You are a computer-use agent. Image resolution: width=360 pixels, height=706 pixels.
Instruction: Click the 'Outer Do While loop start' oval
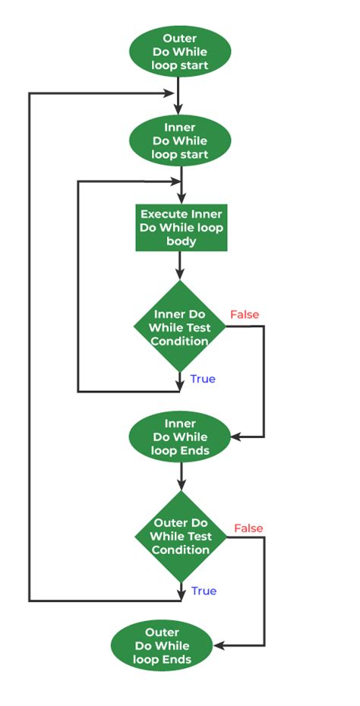[x=180, y=52]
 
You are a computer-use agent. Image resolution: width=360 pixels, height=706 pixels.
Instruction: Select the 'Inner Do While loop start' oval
[x=180, y=140]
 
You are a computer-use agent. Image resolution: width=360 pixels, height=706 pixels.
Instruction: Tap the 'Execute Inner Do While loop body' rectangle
[x=180, y=227]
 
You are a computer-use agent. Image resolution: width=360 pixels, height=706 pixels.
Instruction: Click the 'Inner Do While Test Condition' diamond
[x=181, y=327]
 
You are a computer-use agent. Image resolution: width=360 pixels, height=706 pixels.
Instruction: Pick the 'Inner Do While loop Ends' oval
[x=180, y=437]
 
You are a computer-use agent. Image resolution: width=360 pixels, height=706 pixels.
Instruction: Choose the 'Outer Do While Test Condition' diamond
[x=181, y=536]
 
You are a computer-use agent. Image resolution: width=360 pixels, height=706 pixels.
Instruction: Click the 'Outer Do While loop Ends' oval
[x=161, y=646]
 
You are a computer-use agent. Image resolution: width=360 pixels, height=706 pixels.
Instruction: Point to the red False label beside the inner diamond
[x=244, y=314]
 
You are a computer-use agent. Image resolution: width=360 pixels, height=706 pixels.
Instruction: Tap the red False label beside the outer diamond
[x=248, y=528]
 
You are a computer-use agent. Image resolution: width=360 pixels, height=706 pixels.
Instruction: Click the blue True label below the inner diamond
[x=203, y=379]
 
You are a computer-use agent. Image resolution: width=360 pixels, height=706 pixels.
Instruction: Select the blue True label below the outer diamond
[x=204, y=591]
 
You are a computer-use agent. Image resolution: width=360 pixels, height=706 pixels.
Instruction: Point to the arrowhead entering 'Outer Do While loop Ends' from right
[x=216, y=646]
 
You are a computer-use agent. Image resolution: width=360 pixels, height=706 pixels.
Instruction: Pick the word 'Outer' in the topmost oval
[x=180, y=38]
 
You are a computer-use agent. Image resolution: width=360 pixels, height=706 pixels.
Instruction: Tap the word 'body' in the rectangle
[x=180, y=241]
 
